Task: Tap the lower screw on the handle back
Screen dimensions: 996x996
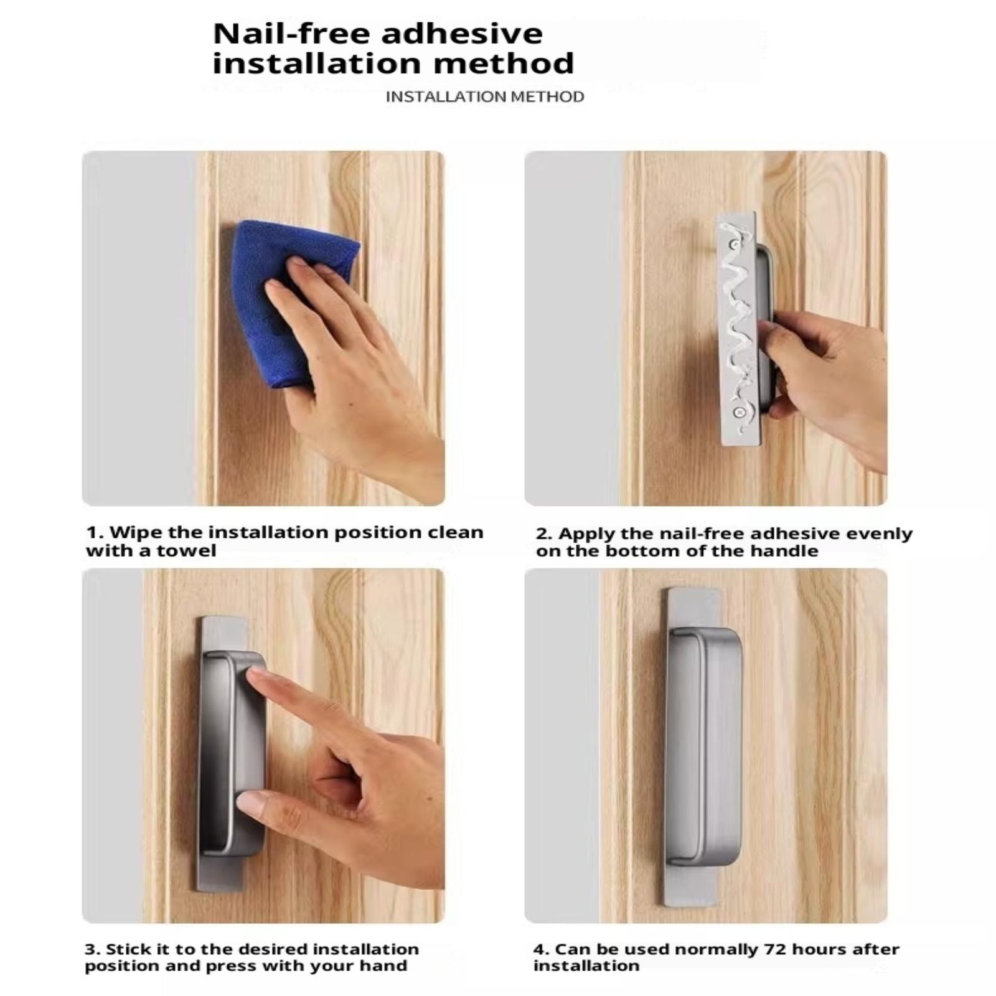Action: [x=739, y=411]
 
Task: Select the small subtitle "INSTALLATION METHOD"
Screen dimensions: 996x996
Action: [x=485, y=96]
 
